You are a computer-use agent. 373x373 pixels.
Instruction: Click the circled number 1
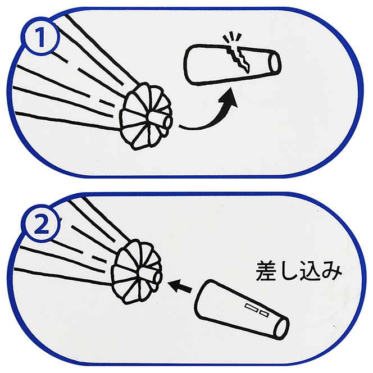(41, 37)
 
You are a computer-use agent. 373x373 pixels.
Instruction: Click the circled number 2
(42, 224)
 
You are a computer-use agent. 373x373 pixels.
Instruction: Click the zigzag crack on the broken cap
(238, 58)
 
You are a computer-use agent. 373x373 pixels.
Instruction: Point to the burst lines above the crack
(232, 38)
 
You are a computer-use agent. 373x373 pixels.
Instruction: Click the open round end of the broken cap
(275, 62)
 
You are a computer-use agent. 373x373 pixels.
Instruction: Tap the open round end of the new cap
(281, 329)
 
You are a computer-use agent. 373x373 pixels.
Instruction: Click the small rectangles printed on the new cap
(257, 310)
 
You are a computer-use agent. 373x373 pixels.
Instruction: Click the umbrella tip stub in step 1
(159, 120)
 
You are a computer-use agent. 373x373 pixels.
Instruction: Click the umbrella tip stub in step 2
(149, 276)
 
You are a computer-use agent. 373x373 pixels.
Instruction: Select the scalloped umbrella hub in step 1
(145, 117)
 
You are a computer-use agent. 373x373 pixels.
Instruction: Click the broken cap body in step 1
(232, 63)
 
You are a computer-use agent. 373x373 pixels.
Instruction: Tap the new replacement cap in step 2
(242, 310)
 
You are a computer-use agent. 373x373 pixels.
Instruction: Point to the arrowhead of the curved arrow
(228, 98)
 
